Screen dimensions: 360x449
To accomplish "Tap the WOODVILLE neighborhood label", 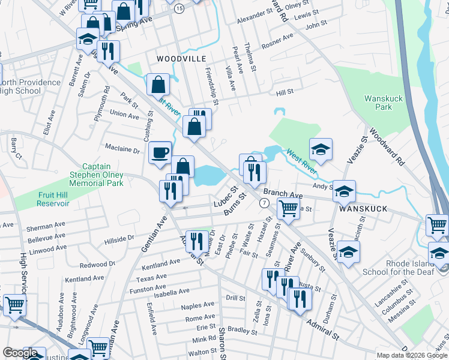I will pos(181,59).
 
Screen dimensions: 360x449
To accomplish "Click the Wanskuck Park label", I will pos(383,102).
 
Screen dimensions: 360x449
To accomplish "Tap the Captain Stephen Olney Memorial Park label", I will pos(103,175).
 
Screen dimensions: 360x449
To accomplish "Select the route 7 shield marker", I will pos(264,203).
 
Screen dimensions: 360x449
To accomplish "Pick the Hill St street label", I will pos(284,92).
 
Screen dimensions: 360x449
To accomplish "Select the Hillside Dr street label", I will pos(119,239).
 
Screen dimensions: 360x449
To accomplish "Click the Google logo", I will pos(20,353).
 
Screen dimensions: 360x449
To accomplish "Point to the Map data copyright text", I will pos(411,355).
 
